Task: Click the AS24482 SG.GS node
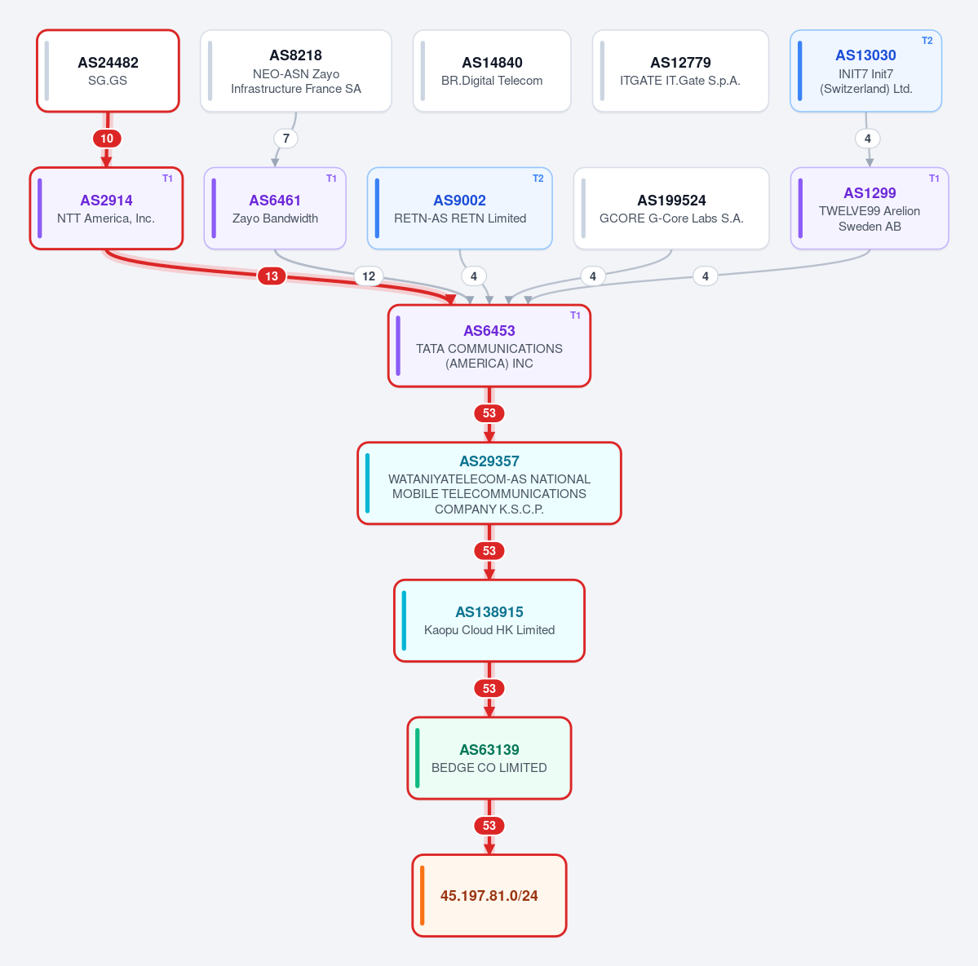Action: [x=108, y=71]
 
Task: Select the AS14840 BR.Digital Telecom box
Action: [x=492, y=71]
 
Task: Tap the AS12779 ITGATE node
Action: [x=680, y=71]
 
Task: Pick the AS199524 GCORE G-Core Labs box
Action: [x=671, y=208]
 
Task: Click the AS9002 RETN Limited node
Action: [x=460, y=208]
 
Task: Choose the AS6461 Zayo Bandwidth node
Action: [x=275, y=208]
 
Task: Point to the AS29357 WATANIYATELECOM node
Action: [x=489, y=483]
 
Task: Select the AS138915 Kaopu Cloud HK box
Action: [x=489, y=620]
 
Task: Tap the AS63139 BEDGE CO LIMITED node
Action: [x=489, y=758]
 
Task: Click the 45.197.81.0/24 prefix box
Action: [x=489, y=896]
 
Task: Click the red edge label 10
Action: [x=108, y=139]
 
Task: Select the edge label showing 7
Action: [x=286, y=139]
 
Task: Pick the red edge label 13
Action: [x=272, y=276]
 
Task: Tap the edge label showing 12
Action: [x=369, y=276]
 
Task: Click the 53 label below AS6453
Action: [x=489, y=413]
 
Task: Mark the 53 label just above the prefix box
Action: [x=489, y=826]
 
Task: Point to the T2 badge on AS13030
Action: [x=927, y=41]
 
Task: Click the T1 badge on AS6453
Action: [x=575, y=315]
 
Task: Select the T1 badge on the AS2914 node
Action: [x=168, y=179]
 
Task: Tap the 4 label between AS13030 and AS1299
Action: [x=868, y=139]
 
